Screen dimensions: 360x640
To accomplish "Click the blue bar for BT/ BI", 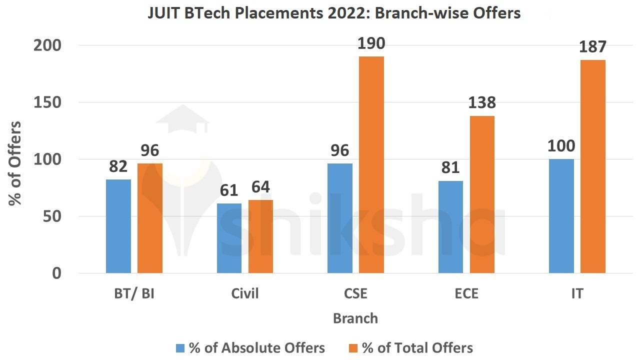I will (x=118, y=226).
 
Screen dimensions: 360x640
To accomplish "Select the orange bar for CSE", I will (x=371, y=164).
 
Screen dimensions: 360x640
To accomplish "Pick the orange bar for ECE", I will (x=482, y=194).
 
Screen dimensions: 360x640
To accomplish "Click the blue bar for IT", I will (x=561, y=216).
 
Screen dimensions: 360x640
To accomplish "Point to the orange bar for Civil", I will (x=260, y=236).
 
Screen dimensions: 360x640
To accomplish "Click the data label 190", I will (x=371, y=44).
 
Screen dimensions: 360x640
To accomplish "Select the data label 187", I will (x=592, y=47).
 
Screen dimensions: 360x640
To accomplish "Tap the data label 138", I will (x=482, y=103).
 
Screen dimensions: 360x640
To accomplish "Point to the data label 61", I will (x=229, y=190).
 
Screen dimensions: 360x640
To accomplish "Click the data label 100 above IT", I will (x=561, y=146).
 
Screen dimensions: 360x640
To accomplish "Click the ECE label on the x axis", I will (x=466, y=293).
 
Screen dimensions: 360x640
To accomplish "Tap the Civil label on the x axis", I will (x=245, y=293).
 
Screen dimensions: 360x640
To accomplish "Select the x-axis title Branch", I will (x=355, y=318).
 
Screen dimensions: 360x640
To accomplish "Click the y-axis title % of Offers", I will (x=15, y=162).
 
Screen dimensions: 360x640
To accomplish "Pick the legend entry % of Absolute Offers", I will (x=256, y=348).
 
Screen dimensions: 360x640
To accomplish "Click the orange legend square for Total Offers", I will (x=353, y=348).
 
